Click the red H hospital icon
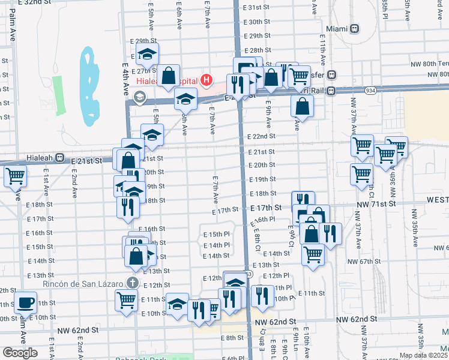[207, 79]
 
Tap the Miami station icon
[355, 28]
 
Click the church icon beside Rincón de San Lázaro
[133, 283]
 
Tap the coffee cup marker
[25, 302]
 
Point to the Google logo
[20, 352]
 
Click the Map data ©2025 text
[423, 355]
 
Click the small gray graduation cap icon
[140, 96]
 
